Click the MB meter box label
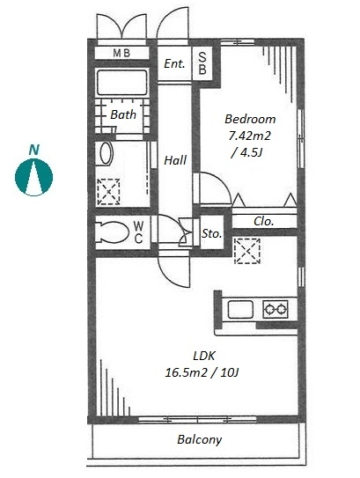click(x=121, y=53)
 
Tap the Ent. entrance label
click(x=174, y=63)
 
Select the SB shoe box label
click(x=202, y=63)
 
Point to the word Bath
click(x=123, y=114)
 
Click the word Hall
click(x=175, y=160)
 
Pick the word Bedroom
click(x=250, y=119)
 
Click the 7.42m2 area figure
click(x=250, y=136)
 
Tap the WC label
click(x=138, y=232)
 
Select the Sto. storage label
click(x=211, y=234)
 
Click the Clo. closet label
click(x=264, y=221)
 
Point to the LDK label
click(x=204, y=356)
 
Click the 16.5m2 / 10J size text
click(x=202, y=372)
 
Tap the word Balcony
click(x=199, y=439)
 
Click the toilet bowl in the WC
click(x=112, y=232)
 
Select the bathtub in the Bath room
click(x=122, y=83)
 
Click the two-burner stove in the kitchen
click(x=276, y=309)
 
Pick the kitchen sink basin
click(x=240, y=309)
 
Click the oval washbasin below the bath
click(x=106, y=154)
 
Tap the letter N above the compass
click(x=34, y=150)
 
